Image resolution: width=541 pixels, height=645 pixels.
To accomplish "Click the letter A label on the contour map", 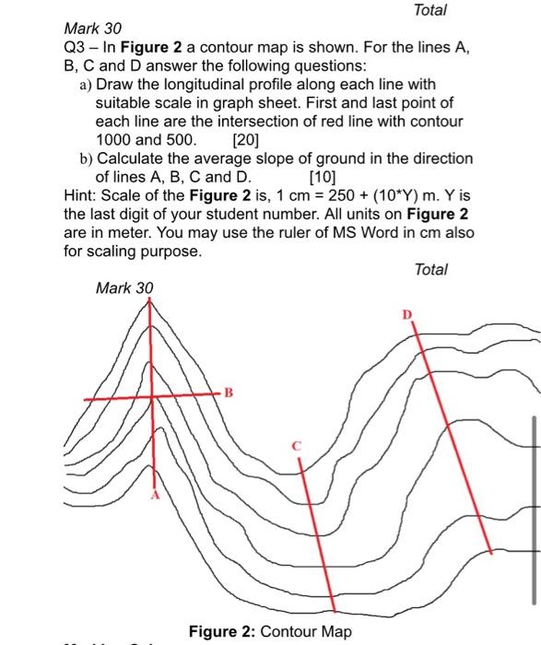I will (155, 495).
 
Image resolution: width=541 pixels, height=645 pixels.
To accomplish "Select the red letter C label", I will (297, 446).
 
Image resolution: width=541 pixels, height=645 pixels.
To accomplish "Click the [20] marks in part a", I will (246, 141).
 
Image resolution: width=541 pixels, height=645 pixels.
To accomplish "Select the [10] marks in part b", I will (324, 176).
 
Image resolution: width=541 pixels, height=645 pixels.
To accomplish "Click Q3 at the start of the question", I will (76, 47).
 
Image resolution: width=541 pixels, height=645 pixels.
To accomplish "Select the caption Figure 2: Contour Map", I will (270, 631).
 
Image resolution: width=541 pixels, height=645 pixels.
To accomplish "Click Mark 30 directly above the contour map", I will (124, 287).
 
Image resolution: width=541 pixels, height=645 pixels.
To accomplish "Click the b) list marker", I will (86, 158).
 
